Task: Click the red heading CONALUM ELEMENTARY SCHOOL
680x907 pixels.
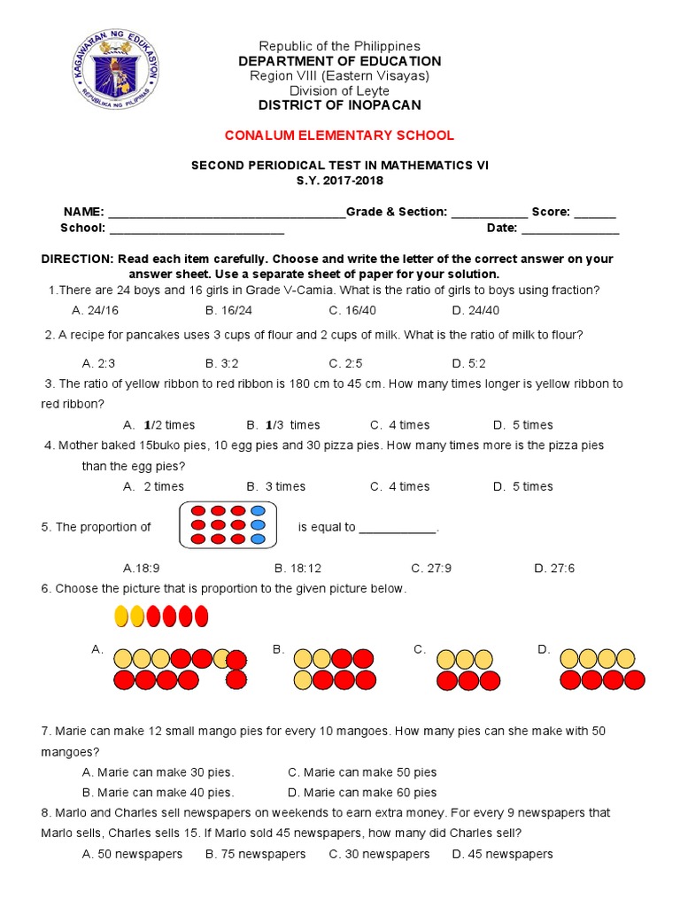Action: pyautogui.click(x=339, y=136)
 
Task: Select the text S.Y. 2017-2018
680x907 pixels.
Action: pyautogui.click(x=339, y=181)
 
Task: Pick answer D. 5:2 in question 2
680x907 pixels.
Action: pyautogui.click(x=468, y=363)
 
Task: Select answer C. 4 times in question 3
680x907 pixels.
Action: pyautogui.click(x=399, y=425)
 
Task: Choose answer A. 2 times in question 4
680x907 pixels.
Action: pyautogui.click(x=154, y=486)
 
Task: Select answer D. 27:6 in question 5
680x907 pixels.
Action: pyautogui.click(x=554, y=569)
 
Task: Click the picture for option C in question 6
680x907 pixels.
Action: pyautogui.click(x=464, y=670)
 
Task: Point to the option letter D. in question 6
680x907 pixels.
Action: pyautogui.click(x=544, y=650)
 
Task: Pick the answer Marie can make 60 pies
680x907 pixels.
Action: pyautogui.click(x=362, y=793)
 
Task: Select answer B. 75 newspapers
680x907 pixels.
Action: pyautogui.click(x=255, y=854)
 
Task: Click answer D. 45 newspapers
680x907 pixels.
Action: pyautogui.click(x=502, y=854)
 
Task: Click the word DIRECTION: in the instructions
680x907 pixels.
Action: pyautogui.click(x=77, y=259)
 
